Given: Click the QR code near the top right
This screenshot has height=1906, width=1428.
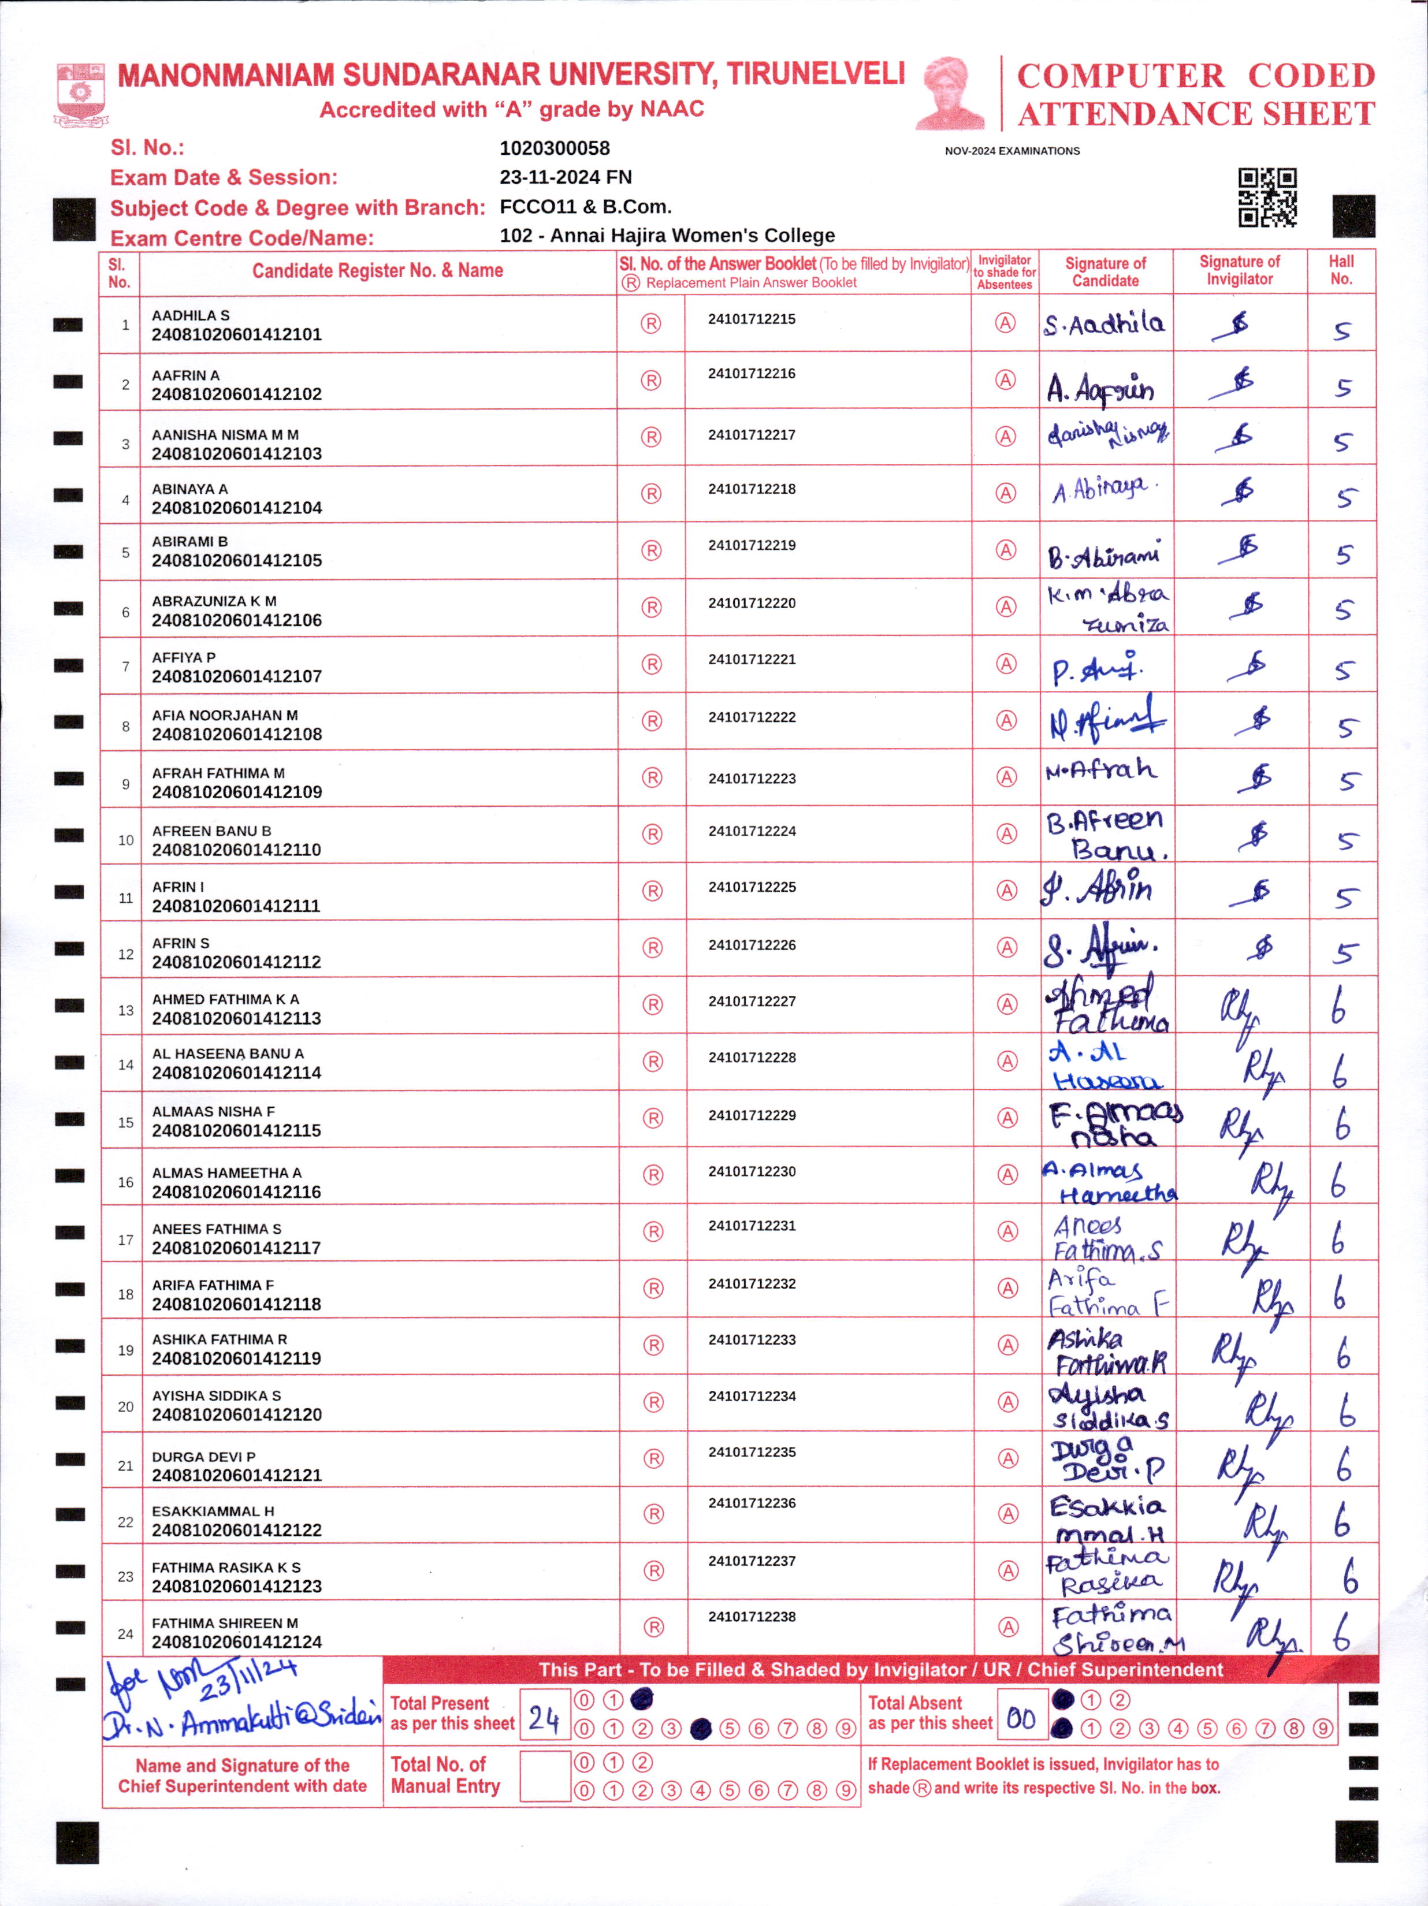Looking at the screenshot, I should click(1267, 198).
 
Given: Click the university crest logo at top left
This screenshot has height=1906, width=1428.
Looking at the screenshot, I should click(81, 94).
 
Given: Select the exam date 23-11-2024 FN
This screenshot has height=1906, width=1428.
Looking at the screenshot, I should click(566, 177).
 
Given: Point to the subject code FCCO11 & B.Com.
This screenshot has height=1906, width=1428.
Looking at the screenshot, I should click(585, 207).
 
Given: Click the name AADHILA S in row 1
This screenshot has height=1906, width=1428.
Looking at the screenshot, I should click(191, 315).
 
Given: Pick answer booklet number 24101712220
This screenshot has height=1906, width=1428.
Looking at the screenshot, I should click(752, 603).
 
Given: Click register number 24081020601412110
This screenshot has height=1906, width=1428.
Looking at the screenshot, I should click(236, 850).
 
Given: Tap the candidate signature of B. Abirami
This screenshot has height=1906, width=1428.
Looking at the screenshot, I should click(1104, 555).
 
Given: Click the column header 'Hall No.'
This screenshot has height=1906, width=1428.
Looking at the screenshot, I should click(1341, 270).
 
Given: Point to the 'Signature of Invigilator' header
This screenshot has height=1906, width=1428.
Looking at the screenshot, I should click(1239, 270).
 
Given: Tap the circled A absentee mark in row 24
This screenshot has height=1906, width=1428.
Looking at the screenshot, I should click(1007, 1627).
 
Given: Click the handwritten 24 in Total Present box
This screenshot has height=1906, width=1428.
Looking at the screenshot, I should click(544, 1720).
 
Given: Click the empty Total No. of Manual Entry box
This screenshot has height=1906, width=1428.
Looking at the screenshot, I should click(545, 1776).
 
